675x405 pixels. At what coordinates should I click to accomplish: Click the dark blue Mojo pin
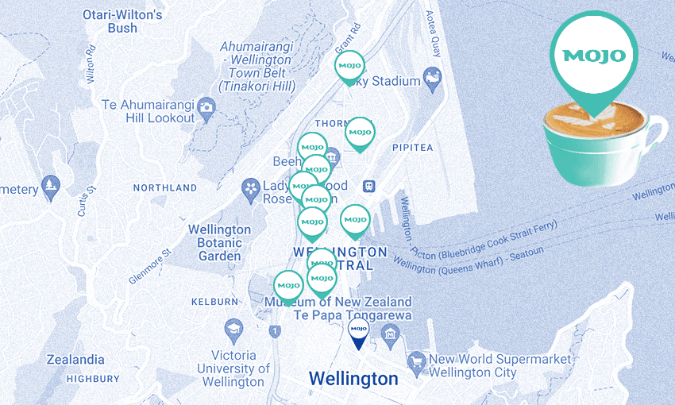pos(357,330)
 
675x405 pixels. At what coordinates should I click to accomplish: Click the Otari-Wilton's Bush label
pos(123,21)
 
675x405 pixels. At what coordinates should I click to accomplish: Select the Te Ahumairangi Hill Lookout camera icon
pos(206,106)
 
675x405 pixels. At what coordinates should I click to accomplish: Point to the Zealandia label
pos(75,359)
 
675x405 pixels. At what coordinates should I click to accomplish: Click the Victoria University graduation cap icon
pos(233,329)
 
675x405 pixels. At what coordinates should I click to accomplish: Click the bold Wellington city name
pos(353,379)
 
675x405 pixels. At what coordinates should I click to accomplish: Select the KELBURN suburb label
pos(214,302)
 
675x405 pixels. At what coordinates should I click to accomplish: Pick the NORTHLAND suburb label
pos(164,188)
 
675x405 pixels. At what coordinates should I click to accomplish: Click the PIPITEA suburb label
pos(412,148)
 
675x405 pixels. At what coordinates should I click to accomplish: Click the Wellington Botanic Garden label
pos(220,243)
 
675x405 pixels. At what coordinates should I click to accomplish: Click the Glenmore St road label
pos(150,268)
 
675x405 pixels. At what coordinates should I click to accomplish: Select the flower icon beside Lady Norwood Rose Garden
pos(252,187)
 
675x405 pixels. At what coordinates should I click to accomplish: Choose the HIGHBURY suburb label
pos(93,379)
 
